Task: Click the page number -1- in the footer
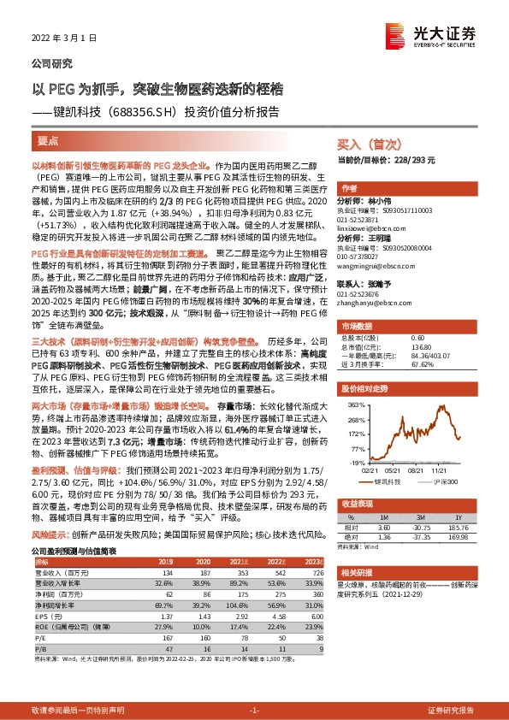[254, 710]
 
